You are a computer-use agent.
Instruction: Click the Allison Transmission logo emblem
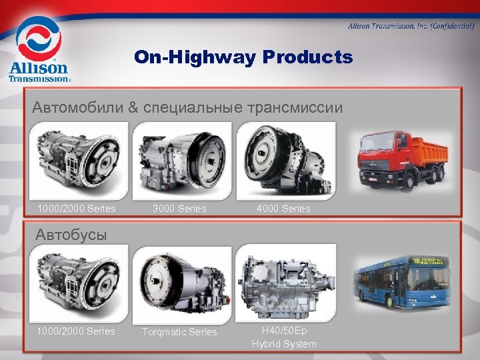pos(38,38)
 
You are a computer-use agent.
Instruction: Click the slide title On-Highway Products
pos(243,57)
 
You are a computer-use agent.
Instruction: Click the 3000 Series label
pos(179,209)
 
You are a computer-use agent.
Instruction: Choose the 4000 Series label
pos(283,209)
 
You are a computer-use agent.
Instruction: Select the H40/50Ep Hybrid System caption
pos(284,337)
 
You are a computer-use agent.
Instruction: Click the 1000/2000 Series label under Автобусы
pos(77,331)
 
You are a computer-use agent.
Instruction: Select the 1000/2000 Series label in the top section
pos(77,209)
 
